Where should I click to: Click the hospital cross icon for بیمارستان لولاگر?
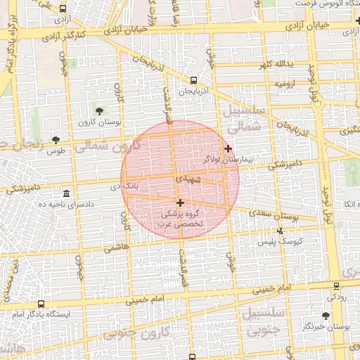(x=228, y=148)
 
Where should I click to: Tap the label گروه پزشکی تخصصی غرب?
(x=181, y=218)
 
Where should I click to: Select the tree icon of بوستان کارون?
(x=99, y=111)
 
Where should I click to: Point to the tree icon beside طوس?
(x=56, y=140)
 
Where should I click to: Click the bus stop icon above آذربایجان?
(x=193, y=80)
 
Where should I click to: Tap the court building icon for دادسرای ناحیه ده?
(x=66, y=193)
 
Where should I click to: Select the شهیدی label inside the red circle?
(x=188, y=180)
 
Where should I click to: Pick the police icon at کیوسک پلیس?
(x=281, y=230)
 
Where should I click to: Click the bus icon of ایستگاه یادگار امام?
(x=41, y=304)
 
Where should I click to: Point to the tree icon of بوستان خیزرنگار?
(x=325, y=316)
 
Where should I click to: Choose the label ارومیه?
(x=286, y=84)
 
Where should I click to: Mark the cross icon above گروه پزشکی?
(x=181, y=202)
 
